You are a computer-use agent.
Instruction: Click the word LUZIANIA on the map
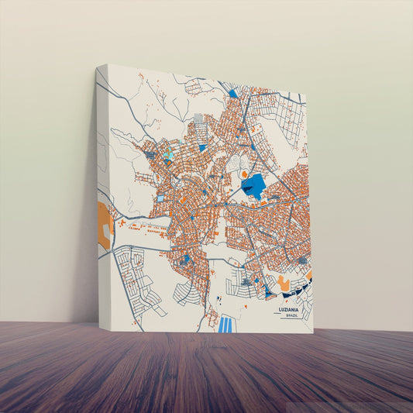[x=291, y=309]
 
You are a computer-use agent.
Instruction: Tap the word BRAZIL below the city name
[x=291, y=316]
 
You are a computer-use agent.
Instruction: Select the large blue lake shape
[x=253, y=186]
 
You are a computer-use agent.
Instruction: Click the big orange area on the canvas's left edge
[x=105, y=225]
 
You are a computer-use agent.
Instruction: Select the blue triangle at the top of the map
[x=233, y=95]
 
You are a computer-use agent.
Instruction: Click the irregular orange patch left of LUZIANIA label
[x=284, y=284]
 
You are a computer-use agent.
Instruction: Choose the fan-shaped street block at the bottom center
[x=185, y=292]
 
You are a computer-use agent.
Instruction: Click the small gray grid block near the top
[x=199, y=119]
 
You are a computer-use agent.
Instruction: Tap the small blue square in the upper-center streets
[x=202, y=147]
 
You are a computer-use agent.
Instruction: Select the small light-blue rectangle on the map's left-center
[x=160, y=198]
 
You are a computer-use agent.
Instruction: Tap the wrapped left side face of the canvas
[x=104, y=194]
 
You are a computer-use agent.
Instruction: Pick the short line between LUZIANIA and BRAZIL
[x=291, y=313]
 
